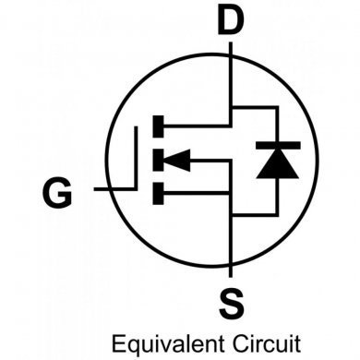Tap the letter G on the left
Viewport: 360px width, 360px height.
tap(57, 194)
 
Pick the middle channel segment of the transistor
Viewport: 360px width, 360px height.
tap(159, 159)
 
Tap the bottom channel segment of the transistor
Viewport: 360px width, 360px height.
tap(159, 193)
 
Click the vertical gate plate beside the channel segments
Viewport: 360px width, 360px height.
tap(138, 159)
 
